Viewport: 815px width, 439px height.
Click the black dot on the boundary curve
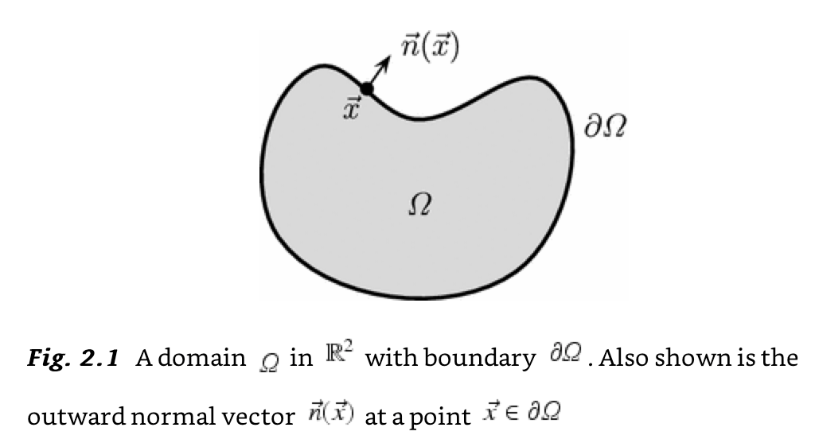click(368, 89)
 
